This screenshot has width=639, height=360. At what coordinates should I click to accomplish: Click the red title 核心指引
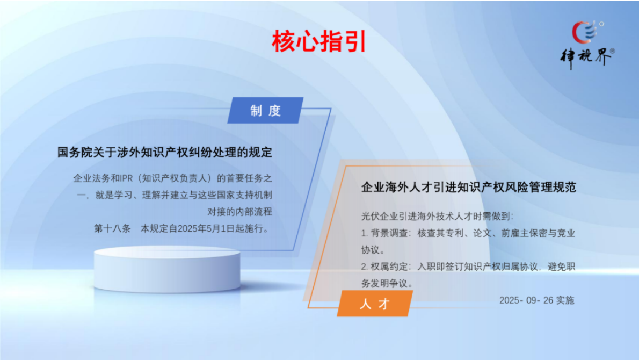click(x=319, y=41)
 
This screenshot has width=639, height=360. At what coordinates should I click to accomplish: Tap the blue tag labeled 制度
click(x=265, y=111)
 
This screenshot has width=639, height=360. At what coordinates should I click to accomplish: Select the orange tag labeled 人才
click(x=374, y=304)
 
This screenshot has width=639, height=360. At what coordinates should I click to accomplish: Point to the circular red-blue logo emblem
click(x=584, y=31)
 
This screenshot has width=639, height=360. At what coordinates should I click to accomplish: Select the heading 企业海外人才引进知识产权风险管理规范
click(x=468, y=188)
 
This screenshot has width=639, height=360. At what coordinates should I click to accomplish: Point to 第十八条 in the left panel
click(x=113, y=228)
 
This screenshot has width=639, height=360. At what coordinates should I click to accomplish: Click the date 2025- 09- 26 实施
click(x=536, y=300)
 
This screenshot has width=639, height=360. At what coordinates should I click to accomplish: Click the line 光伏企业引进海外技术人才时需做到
click(x=437, y=217)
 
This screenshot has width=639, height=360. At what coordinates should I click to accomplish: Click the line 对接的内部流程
click(x=239, y=211)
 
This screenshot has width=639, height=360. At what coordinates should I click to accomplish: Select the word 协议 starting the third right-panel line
click(x=371, y=250)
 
